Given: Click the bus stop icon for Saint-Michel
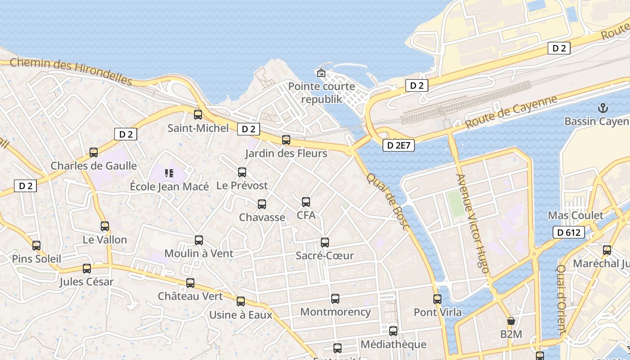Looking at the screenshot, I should coord(198,115).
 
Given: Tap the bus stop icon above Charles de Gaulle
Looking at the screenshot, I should coord(94,153).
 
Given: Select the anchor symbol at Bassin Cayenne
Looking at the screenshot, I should coord(603,108).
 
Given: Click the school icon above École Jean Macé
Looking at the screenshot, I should coord(169,173).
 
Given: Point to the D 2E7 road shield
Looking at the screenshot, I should coord(399,145).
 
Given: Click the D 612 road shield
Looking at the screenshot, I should coord(569,232).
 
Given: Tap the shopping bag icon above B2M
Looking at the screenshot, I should coord(511,321).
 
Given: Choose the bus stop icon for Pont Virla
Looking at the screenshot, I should coord(437,299).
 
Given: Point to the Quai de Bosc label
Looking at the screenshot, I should coord(387,201).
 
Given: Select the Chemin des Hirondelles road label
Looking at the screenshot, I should coord(71,71).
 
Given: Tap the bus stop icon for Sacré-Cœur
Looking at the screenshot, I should coord(325,243).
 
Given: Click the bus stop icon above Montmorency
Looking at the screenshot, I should coord(335,299).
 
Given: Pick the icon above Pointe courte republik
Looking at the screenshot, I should coord(321,73).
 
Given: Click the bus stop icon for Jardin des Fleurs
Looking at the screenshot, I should coord(286,140).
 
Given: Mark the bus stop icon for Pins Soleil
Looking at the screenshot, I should coord(36,246).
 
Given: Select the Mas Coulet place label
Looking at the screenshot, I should coord(576,215).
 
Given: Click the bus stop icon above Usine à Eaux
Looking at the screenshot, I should coord(241,301).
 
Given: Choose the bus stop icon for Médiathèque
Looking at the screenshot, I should coord(393,331).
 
